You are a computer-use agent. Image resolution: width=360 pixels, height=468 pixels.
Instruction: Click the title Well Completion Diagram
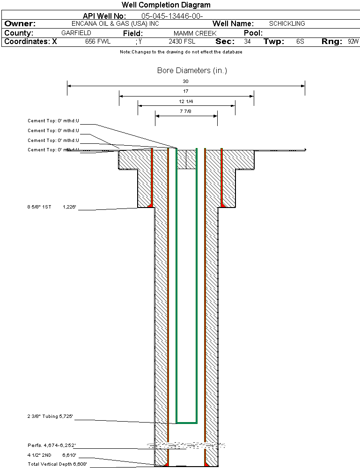tap(166, 5)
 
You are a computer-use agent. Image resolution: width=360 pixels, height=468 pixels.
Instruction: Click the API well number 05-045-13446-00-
tap(172, 16)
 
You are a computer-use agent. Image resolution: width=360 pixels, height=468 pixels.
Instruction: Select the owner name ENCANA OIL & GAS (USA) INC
tap(115, 23)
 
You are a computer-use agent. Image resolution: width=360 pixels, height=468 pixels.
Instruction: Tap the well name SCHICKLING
tap(287, 23)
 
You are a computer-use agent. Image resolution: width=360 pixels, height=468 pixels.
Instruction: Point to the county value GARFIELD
tap(76, 33)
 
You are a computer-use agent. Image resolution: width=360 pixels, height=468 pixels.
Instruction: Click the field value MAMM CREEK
tap(195, 34)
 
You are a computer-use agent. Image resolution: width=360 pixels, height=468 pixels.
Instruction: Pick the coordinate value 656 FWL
tap(97, 42)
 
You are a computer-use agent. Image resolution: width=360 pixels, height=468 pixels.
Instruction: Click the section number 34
tap(247, 42)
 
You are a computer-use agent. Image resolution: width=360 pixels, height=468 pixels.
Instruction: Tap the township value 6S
tap(300, 42)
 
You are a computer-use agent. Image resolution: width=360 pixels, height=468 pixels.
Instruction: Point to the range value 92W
tap(353, 42)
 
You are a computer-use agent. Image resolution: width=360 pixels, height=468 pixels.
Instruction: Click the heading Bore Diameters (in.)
tap(192, 71)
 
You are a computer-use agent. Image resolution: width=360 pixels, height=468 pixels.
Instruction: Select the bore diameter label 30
tap(185, 81)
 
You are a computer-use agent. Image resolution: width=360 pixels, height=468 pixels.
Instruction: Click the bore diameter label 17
tap(186, 91)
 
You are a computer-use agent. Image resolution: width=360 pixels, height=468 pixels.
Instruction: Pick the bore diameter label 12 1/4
tap(186, 101)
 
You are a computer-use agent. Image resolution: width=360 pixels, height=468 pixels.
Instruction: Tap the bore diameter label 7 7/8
tap(186, 111)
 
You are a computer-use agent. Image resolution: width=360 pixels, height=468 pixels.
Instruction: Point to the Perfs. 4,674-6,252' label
tap(51, 445)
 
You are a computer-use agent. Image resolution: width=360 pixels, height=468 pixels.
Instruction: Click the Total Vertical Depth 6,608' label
tap(57, 464)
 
